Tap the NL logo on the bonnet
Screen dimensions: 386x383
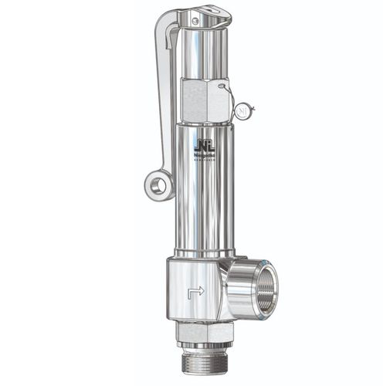click(205, 144)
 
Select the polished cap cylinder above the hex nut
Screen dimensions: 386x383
click(205, 52)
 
